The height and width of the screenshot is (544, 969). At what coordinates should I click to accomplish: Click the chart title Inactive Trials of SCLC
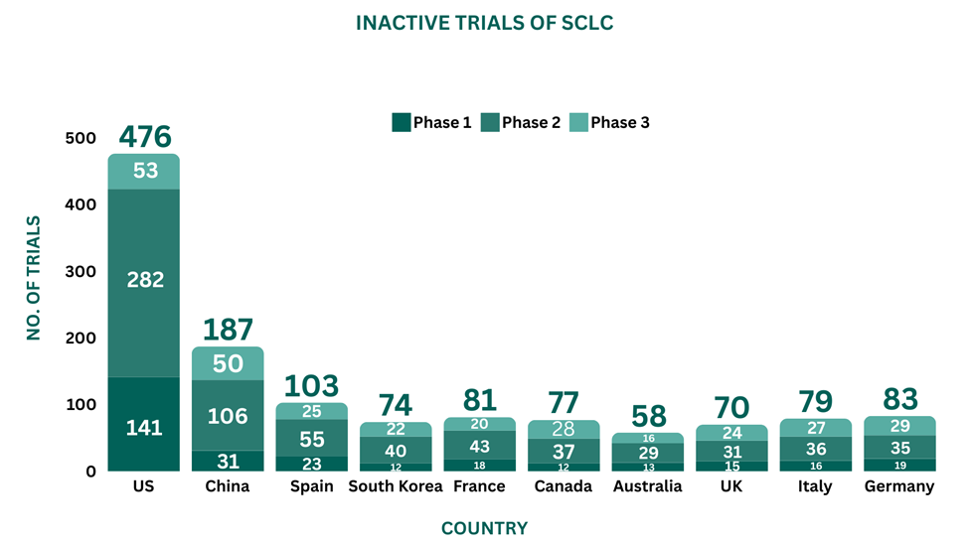point(484,22)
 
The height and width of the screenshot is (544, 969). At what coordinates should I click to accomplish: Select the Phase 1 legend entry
point(432,123)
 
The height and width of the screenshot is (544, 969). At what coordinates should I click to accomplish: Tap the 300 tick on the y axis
point(81,271)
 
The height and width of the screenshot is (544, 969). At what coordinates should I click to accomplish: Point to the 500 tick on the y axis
point(81,138)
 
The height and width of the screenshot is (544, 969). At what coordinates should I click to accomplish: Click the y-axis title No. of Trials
point(34,278)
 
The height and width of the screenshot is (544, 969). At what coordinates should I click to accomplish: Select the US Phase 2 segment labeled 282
point(144,280)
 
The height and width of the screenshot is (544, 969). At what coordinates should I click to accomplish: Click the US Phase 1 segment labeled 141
point(144,428)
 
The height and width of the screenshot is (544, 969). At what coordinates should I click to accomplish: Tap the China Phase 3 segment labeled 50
point(228,363)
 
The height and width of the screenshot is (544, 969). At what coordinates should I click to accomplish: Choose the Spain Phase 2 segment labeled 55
point(311,438)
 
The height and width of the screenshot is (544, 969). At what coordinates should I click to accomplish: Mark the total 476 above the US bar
point(144,136)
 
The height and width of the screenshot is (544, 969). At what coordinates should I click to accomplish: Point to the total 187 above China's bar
point(228,329)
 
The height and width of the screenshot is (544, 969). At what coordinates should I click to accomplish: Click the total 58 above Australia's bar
point(648,415)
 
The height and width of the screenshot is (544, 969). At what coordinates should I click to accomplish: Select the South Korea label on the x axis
point(395,486)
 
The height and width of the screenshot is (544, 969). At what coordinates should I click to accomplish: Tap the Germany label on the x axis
point(899,486)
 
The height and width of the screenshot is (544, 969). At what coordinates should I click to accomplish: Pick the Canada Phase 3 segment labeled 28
point(563,428)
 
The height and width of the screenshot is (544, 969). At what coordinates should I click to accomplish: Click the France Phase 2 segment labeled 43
point(479,447)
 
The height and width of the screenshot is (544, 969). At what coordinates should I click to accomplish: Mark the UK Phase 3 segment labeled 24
point(731,433)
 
